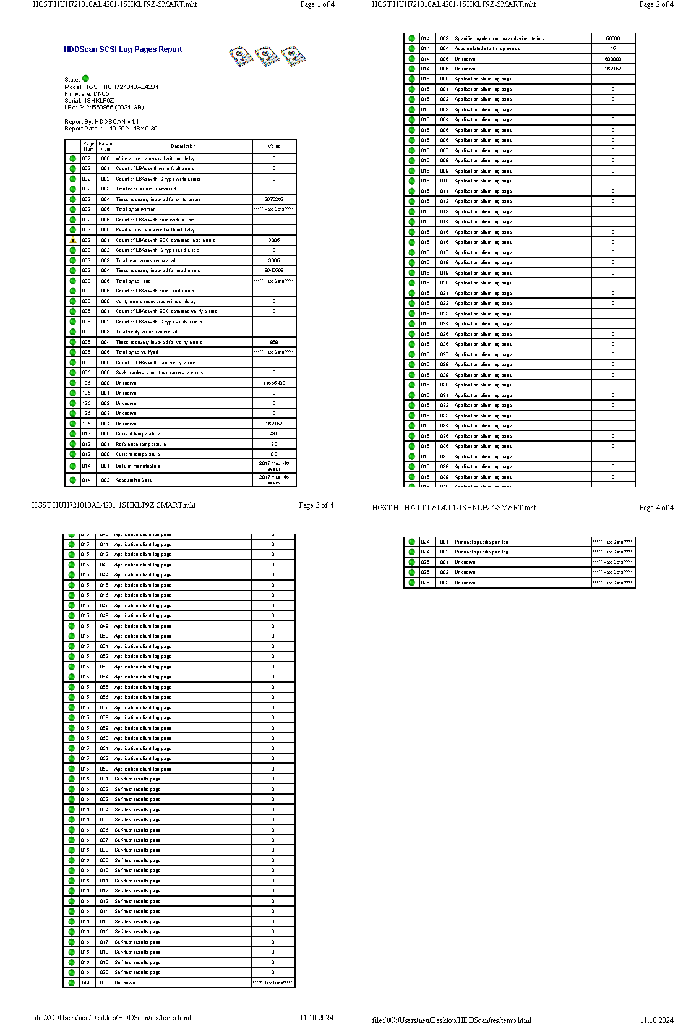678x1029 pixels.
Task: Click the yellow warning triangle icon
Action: pyautogui.click(x=73, y=240)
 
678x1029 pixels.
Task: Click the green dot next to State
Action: pyautogui.click(x=85, y=79)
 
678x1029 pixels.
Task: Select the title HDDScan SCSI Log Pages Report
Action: pyautogui.click(x=122, y=49)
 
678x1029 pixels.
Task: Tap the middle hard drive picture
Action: pyautogui.click(x=267, y=56)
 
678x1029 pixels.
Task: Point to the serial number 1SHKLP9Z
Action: pyautogui.click(x=99, y=100)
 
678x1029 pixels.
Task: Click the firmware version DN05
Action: pyautogui.click(x=101, y=94)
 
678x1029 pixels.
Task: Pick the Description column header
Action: pyautogui.click(x=183, y=147)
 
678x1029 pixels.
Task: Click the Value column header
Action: pyautogui.click(x=274, y=147)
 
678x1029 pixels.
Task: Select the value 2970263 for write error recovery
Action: pyautogui.click(x=274, y=199)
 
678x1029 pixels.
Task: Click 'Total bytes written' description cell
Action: pyautogui.click(x=136, y=210)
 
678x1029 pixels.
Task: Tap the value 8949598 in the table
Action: pyautogui.click(x=274, y=271)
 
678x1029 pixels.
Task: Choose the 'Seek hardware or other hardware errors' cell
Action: pyautogui.click(x=160, y=373)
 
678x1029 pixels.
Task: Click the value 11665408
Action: pyautogui.click(x=274, y=383)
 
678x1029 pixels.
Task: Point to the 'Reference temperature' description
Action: pyautogui.click(x=141, y=444)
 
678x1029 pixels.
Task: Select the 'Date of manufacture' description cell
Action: pyautogui.click(x=138, y=466)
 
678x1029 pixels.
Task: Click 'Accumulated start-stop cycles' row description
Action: pyautogui.click(x=487, y=48)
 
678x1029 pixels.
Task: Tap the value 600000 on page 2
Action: pyautogui.click(x=613, y=59)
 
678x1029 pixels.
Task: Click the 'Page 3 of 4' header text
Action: pyautogui.click(x=316, y=505)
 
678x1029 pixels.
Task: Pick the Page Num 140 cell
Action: pyautogui.click(x=85, y=983)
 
